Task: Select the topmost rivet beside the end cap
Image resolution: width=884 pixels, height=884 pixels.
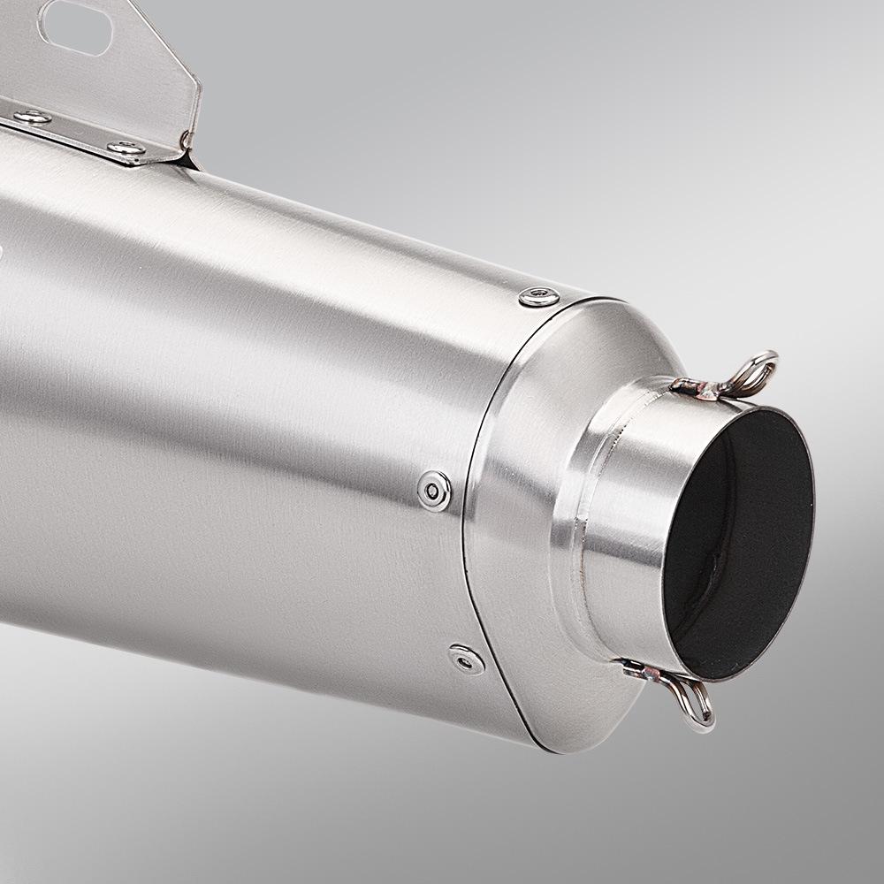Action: tap(538, 297)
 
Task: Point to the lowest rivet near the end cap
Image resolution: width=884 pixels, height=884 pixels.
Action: tap(465, 658)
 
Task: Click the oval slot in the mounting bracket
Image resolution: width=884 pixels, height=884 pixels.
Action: tap(74, 27)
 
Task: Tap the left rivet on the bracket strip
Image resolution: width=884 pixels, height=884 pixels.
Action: tap(32, 118)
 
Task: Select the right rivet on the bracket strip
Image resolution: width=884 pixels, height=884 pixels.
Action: tap(126, 149)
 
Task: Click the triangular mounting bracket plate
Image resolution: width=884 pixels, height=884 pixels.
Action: tap(133, 62)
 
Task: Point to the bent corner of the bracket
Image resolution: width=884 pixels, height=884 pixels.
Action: tap(188, 141)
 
